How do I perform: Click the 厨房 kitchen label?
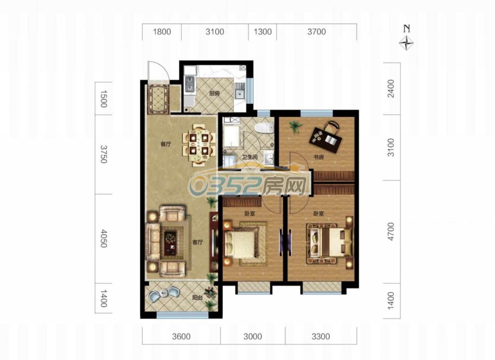tap(214, 94)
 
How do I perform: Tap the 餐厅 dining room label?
tap(166, 144)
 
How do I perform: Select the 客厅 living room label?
tap(198, 242)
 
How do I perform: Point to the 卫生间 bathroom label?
tap(250, 157)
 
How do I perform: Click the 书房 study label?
tap(319, 157)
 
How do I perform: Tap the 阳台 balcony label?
tap(198, 297)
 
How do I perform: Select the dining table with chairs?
tap(199, 144)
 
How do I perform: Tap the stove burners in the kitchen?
tap(190, 84)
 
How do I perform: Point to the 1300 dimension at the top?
tap(263, 31)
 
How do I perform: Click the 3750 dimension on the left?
tap(103, 154)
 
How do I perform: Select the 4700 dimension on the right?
tap(391, 231)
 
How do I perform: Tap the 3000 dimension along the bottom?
tap(252, 336)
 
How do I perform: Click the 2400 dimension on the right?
tap(391, 89)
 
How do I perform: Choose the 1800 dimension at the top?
tap(162, 31)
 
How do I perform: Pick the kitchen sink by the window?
tap(240, 94)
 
